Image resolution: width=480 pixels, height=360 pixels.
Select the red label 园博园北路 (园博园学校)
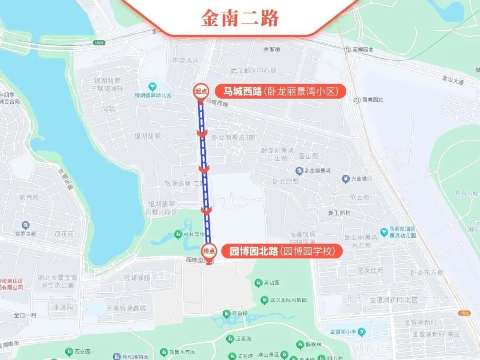[x=286, y=251]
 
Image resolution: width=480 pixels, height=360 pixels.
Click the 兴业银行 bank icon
[x=345, y=179]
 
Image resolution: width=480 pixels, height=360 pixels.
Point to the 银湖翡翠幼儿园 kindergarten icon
[x=152, y=86]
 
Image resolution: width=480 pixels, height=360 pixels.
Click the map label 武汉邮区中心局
[x=253, y=71]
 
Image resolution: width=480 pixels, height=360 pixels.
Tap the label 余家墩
[x=272, y=49]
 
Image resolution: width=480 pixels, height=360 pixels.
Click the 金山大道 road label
[x=452, y=80]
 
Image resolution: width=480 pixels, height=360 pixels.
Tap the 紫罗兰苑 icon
[x=26, y=225]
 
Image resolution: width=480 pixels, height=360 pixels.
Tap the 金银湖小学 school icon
[x=362, y=332]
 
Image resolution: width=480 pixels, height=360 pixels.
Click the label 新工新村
[x=340, y=213]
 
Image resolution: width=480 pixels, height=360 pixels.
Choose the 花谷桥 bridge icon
[x=225, y=314]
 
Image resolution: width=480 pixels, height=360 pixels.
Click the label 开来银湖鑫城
[x=128, y=308]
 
